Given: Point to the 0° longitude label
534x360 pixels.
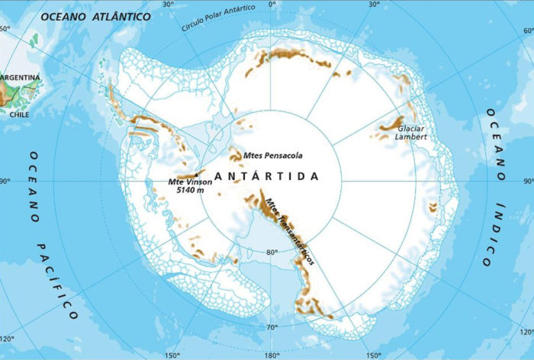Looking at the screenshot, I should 273,5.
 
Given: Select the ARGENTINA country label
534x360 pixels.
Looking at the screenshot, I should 21,78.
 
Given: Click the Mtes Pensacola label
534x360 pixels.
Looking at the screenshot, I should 272,156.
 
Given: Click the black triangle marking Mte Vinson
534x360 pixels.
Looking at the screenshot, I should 197,174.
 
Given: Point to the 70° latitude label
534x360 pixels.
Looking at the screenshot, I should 271,327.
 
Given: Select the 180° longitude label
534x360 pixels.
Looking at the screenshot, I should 271,355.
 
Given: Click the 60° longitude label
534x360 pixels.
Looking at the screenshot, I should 5,29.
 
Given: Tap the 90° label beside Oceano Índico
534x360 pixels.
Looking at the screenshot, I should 526,182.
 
